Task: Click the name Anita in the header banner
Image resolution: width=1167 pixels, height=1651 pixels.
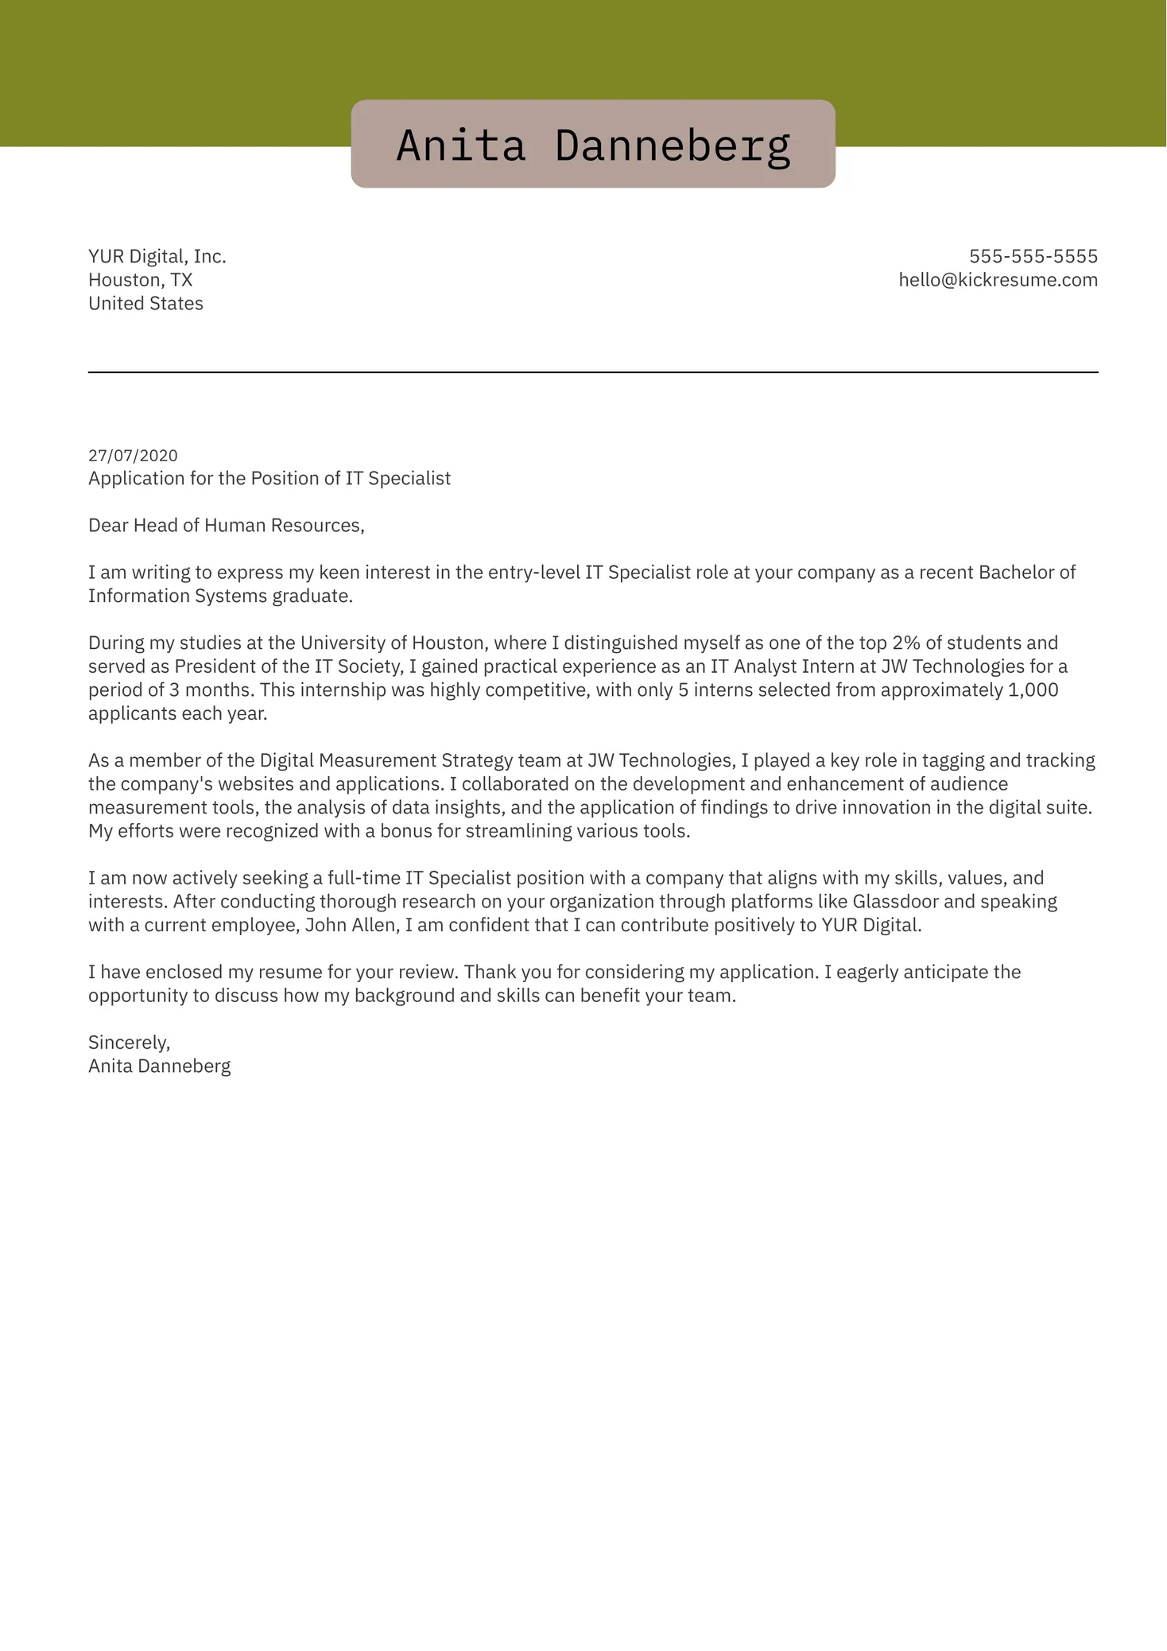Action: click(461, 146)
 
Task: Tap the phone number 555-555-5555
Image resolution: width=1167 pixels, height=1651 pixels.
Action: click(1033, 256)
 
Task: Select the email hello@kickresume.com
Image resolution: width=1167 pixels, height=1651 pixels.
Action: click(998, 280)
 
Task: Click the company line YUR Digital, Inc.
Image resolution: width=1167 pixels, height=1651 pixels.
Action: click(157, 256)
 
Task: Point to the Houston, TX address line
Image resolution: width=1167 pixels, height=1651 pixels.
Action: click(140, 280)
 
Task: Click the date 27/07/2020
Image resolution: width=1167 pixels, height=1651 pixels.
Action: click(133, 456)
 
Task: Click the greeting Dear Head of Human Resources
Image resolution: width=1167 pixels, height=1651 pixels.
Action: click(226, 525)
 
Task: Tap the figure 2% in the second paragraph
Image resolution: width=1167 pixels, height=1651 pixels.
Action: click(905, 643)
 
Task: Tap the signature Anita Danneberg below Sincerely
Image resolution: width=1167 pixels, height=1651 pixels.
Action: click(159, 1066)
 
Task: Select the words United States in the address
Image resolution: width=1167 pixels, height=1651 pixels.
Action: click(145, 304)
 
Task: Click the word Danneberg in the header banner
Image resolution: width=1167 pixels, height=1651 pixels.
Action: click(673, 146)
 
